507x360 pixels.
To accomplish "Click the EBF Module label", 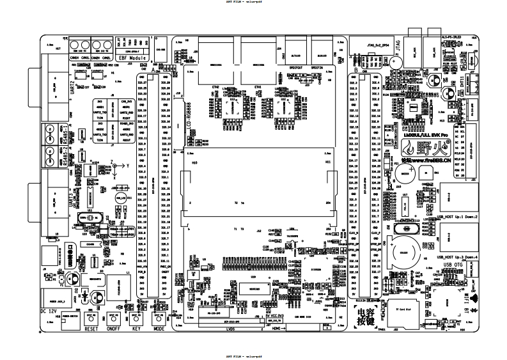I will (x=132, y=58).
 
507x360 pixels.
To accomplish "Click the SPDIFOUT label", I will (x=297, y=66).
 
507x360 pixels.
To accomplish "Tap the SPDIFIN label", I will (x=318, y=66).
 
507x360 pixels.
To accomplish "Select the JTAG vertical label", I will (x=400, y=45).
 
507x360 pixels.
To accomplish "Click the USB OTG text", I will (x=451, y=263).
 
